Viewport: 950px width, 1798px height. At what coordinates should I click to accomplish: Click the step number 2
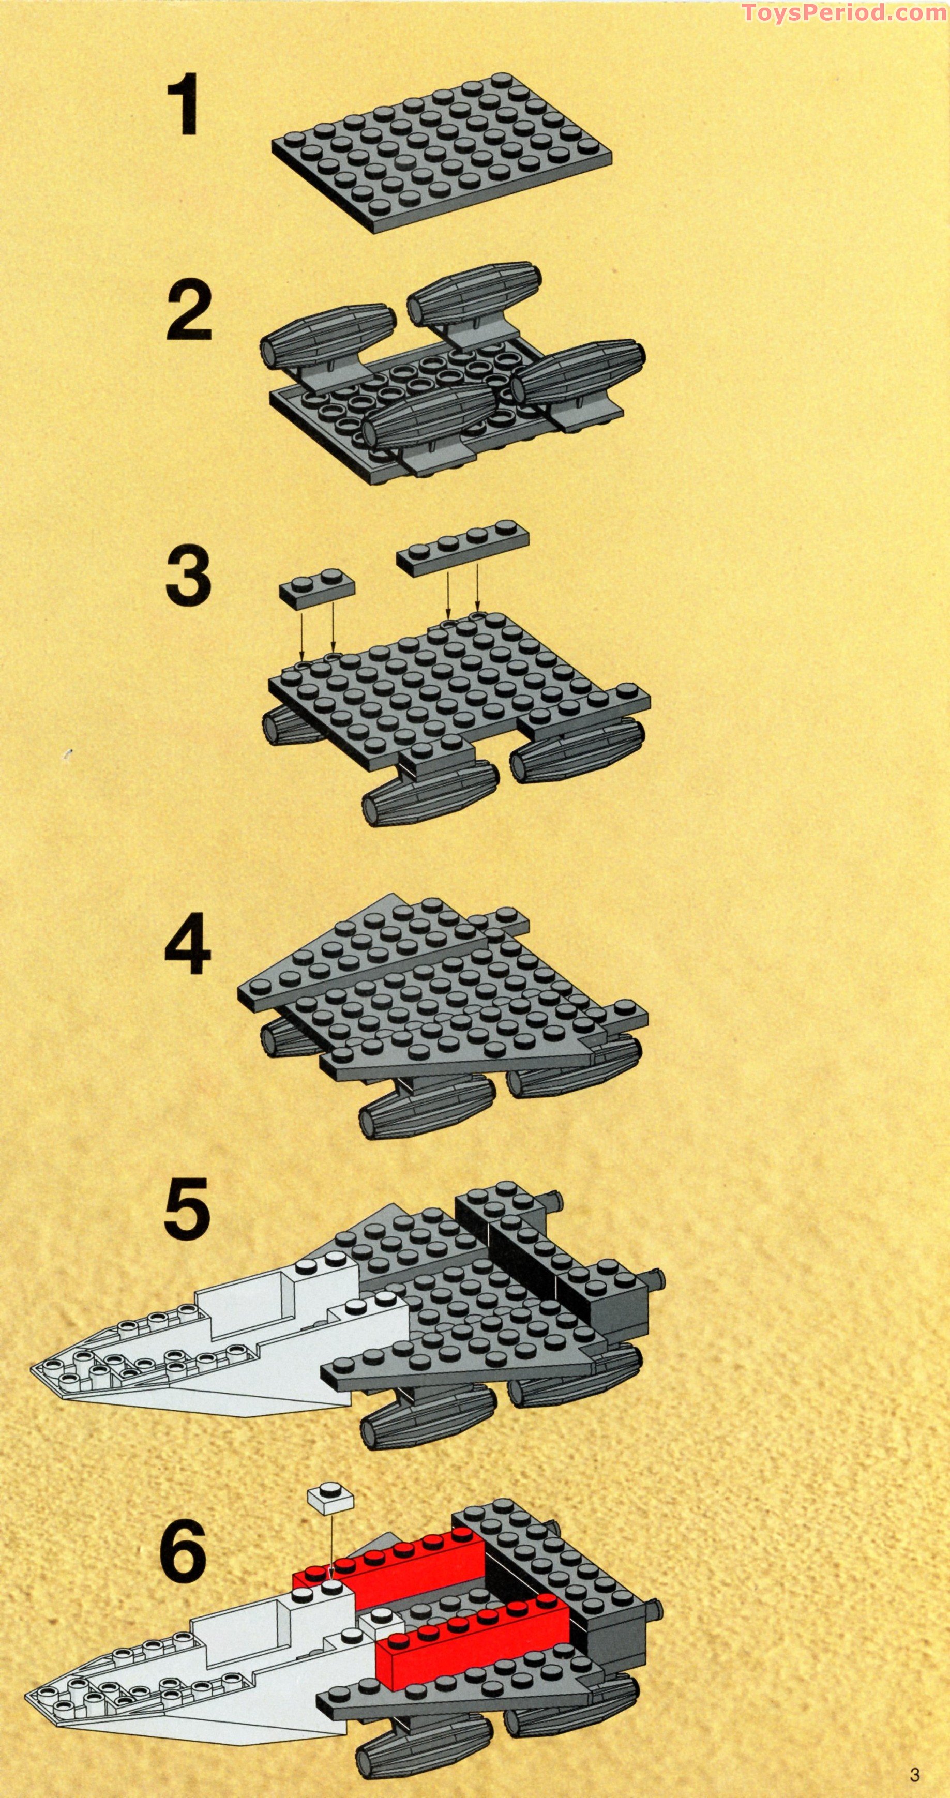coord(188,313)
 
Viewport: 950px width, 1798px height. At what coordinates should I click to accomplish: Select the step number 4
coord(187,946)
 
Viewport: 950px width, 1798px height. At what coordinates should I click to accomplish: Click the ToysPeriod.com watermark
coord(844,12)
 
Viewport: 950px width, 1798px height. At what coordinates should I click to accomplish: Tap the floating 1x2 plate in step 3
coord(317,588)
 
